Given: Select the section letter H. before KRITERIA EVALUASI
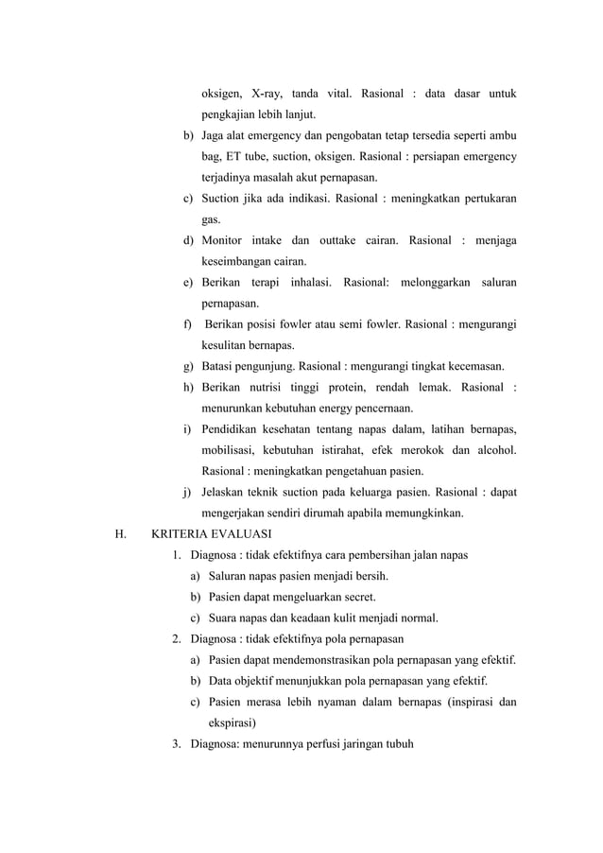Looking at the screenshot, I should click(x=119, y=533).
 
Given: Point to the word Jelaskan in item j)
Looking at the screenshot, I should click(x=228, y=492).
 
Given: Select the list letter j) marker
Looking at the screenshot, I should click(x=189, y=492).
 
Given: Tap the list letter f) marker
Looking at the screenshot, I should click(x=188, y=324).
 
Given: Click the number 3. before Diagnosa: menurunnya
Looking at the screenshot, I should click(x=177, y=742).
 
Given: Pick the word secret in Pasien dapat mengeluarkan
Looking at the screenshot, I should click(x=356, y=596).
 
